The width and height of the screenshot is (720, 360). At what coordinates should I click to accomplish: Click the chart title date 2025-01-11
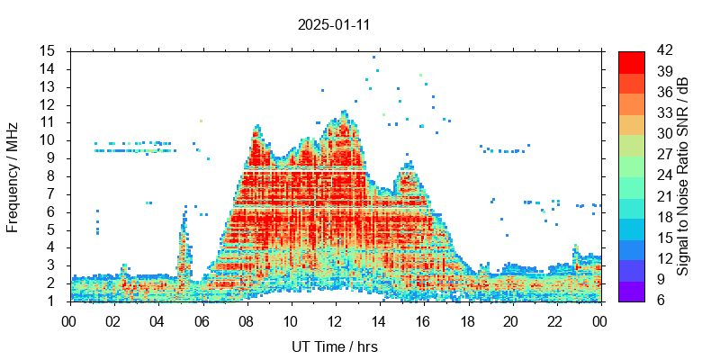click(334, 25)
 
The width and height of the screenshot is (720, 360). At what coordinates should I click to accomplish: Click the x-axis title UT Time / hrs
click(335, 346)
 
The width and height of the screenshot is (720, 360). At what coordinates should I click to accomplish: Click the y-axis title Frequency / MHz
click(13, 175)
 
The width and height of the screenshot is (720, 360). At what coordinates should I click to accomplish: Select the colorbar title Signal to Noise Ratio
click(683, 175)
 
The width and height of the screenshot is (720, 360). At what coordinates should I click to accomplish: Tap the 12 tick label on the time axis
click(335, 320)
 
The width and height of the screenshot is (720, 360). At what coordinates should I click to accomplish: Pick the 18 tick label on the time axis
click(467, 320)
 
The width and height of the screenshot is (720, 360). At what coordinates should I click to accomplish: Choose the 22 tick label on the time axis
click(555, 320)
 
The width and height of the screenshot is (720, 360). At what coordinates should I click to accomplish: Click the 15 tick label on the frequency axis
click(48, 50)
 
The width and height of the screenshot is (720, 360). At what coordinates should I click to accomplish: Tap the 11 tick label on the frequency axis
click(48, 121)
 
